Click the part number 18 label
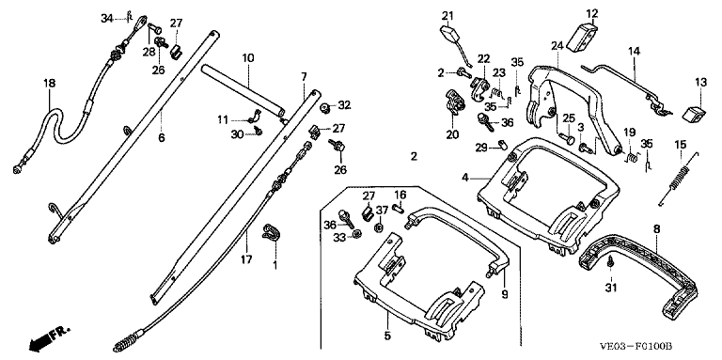49,84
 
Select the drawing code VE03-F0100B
636,346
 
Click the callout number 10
248,58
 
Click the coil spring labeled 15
680,180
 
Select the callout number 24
557,45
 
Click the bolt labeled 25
567,137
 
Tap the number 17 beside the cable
246,259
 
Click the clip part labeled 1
271,231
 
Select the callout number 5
387,336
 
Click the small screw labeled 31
610,261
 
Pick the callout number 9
505,293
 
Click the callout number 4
465,178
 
